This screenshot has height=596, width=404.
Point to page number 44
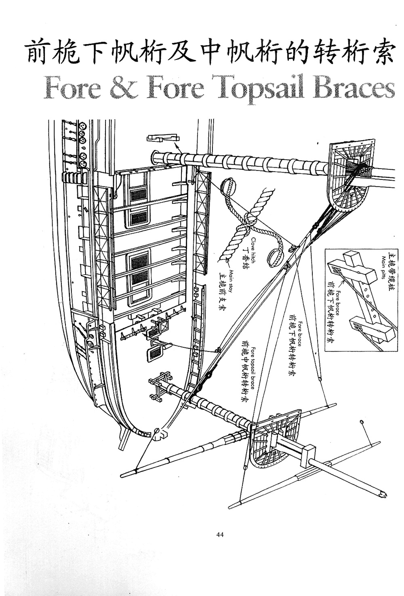point(220,535)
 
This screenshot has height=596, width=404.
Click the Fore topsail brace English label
point(253,367)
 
